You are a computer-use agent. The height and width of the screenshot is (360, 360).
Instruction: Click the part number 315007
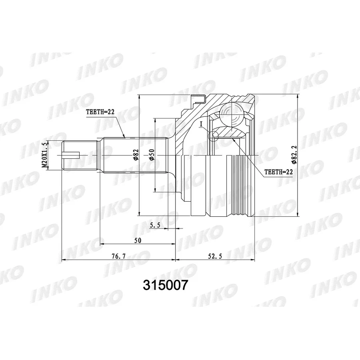[165, 285]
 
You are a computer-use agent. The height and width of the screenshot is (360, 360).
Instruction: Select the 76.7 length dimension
[119, 256]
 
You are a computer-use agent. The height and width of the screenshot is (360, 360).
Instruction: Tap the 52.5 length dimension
[215, 256]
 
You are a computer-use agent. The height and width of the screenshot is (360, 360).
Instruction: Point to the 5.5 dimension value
[155, 225]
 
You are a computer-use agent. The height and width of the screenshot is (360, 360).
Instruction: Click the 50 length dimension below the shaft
[138, 240]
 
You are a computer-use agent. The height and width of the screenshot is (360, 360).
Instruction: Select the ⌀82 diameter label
[136, 155]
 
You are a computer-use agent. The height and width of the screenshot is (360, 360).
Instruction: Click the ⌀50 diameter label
[152, 155]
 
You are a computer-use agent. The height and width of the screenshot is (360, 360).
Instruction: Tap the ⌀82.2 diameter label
[294, 154]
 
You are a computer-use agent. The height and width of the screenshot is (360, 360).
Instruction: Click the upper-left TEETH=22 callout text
[100, 112]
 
